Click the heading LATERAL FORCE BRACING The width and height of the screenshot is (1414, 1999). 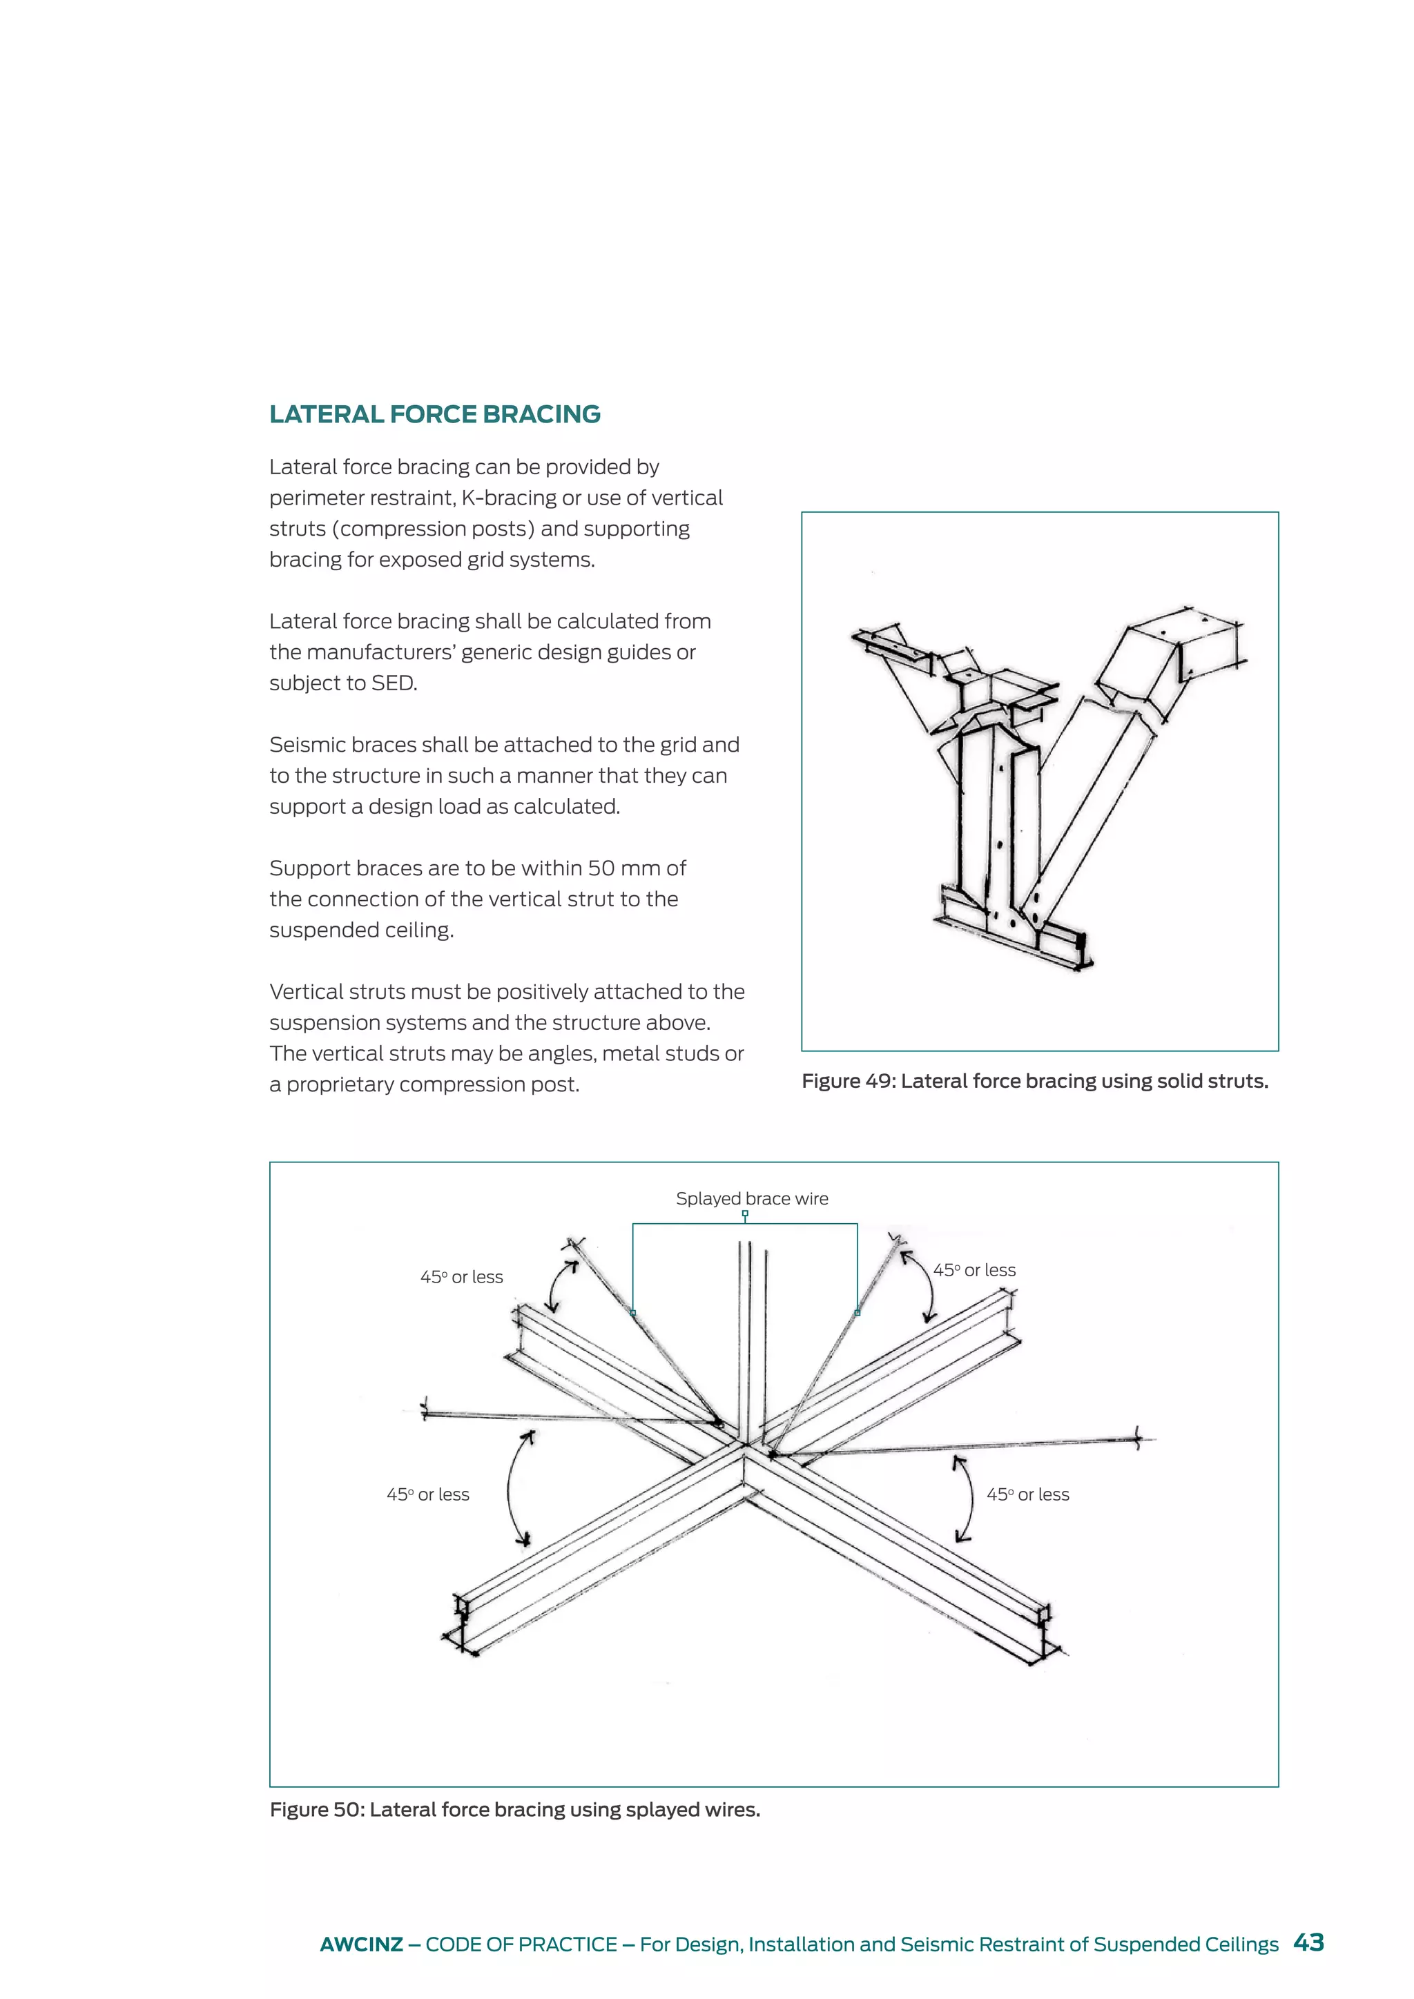pos(434,414)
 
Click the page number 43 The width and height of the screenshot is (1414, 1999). pos(1308,1942)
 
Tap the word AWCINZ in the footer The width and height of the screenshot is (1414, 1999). pos(360,1944)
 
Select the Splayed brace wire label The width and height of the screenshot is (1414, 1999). pos(751,1199)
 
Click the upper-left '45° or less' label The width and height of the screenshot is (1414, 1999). pos(461,1277)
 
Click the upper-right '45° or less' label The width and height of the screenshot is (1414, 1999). pos(974,1270)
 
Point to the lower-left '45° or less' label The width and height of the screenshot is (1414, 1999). pos(427,1495)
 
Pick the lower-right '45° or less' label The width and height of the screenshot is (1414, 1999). pos(1027,1495)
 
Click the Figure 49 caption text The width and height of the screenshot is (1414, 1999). pos(1034,1082)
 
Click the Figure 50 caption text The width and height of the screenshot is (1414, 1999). pos(514,1810)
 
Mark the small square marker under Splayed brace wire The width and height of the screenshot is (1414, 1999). pos(745,1213)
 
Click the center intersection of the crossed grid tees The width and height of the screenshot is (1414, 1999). pos(745,1446)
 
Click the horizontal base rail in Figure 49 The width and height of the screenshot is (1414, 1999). pos(1014,936)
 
